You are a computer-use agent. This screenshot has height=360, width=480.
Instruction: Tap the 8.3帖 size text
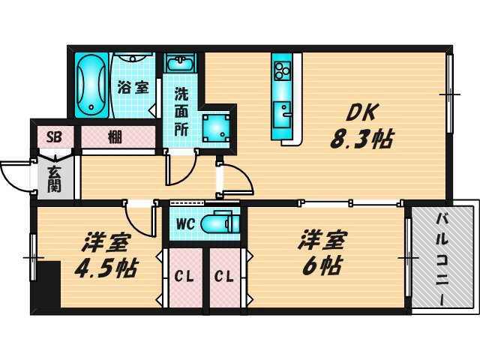point(362,139)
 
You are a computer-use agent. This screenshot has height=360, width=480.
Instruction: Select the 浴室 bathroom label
point(133,86)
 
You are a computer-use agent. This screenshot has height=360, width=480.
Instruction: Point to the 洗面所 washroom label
point(181,111)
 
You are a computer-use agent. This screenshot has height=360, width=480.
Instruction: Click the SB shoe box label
point(55,136)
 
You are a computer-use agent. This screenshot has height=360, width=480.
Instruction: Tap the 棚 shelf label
point(114,137)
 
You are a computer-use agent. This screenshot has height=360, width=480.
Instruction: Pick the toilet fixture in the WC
point(221,223)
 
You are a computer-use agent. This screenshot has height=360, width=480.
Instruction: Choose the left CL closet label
point(184,276)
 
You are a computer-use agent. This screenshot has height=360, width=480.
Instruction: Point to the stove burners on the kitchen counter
point(284,71)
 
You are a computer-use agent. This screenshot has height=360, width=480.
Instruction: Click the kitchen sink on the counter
point(284,112)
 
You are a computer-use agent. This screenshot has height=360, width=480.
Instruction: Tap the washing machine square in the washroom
point(215,128)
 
